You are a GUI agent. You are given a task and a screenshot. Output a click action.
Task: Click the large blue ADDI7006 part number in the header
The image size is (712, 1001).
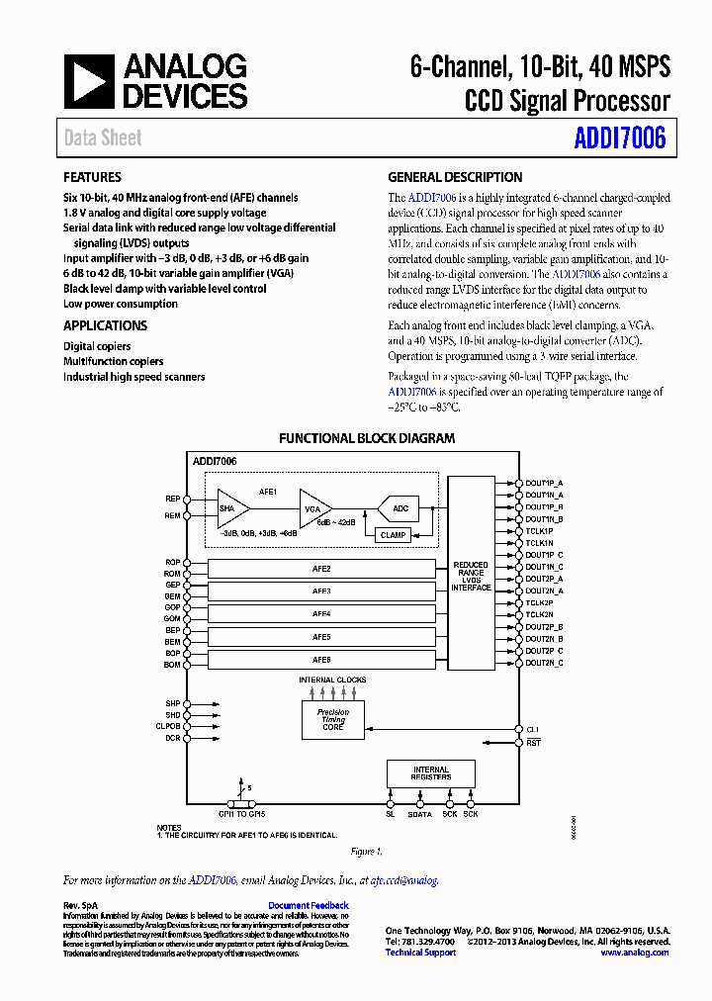(x=620, y=138)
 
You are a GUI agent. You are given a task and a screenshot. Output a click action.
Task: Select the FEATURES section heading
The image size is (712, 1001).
(x=93, y=178)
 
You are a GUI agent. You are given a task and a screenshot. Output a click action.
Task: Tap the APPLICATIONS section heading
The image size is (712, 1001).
(x=106, y=325)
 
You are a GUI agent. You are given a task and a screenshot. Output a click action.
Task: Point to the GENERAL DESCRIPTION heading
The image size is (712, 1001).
(x=455, y=178)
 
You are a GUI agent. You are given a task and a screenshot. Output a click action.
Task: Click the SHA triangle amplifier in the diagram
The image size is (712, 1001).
(x=230, y=507)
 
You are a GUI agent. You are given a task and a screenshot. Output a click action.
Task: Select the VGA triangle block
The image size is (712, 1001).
(x=313, y=507)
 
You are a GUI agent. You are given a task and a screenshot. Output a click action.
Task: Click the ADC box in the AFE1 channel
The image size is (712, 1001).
(x=400, y=508)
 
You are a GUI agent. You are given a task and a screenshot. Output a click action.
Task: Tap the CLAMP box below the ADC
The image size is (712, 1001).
(x=393, y=535)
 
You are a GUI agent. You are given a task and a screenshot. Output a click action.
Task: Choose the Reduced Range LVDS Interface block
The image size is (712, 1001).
(x=471, y=577)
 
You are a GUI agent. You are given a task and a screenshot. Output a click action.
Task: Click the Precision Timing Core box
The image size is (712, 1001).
(x=332, y=719)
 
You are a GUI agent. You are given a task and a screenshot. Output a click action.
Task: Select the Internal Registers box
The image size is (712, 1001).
(x=431, y=773)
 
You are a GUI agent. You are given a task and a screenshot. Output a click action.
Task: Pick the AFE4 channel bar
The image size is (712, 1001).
(x=321, y=614)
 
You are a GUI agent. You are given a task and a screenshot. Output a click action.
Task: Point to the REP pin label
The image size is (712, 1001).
(x=172, y=499)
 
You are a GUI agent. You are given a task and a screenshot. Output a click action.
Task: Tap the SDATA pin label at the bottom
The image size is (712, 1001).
(x=420, y=814)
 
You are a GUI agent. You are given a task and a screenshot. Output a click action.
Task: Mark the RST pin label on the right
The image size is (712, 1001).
(x=533, y=742)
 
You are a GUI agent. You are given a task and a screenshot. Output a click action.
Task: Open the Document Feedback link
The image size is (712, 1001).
(x=308, y=905)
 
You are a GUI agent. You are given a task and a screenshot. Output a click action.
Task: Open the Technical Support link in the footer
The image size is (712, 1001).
(x=420, y=953)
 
